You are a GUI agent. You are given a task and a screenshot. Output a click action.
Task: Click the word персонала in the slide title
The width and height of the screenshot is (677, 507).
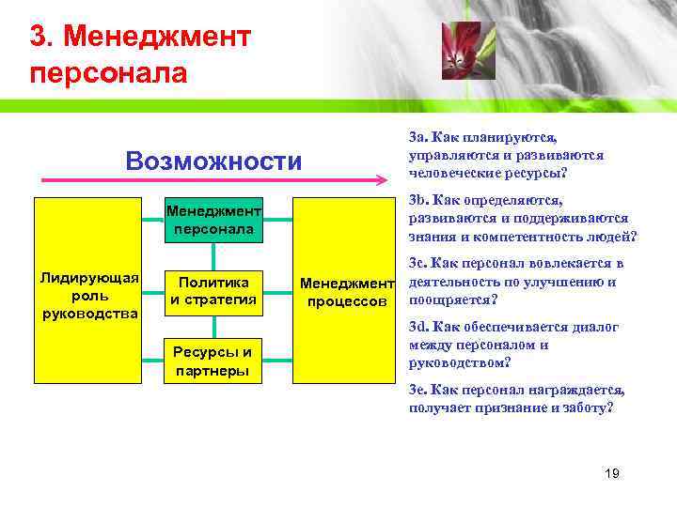coord(108,72)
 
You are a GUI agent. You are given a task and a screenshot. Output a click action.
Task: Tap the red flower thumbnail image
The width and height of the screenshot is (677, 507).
coord(467,51)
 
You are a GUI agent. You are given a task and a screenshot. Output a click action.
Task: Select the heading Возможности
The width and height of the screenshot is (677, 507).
coord(213,161)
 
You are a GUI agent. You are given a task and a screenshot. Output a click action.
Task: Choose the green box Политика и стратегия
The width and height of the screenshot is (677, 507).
coord(214,291)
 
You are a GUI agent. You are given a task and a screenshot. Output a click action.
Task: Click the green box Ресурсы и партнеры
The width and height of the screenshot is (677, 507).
coord(214,361)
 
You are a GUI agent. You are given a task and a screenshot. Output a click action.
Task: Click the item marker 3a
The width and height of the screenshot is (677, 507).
coord(419,139)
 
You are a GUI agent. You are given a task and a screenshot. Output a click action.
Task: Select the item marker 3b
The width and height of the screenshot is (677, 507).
coord(419,201)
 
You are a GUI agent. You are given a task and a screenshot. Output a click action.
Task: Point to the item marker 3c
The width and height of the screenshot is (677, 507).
coord(419,264)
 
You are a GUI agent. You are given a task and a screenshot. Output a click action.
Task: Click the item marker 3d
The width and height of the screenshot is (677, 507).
coord(419,327)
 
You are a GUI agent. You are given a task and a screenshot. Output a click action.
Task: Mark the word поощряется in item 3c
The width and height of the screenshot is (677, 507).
coord(449,300)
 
